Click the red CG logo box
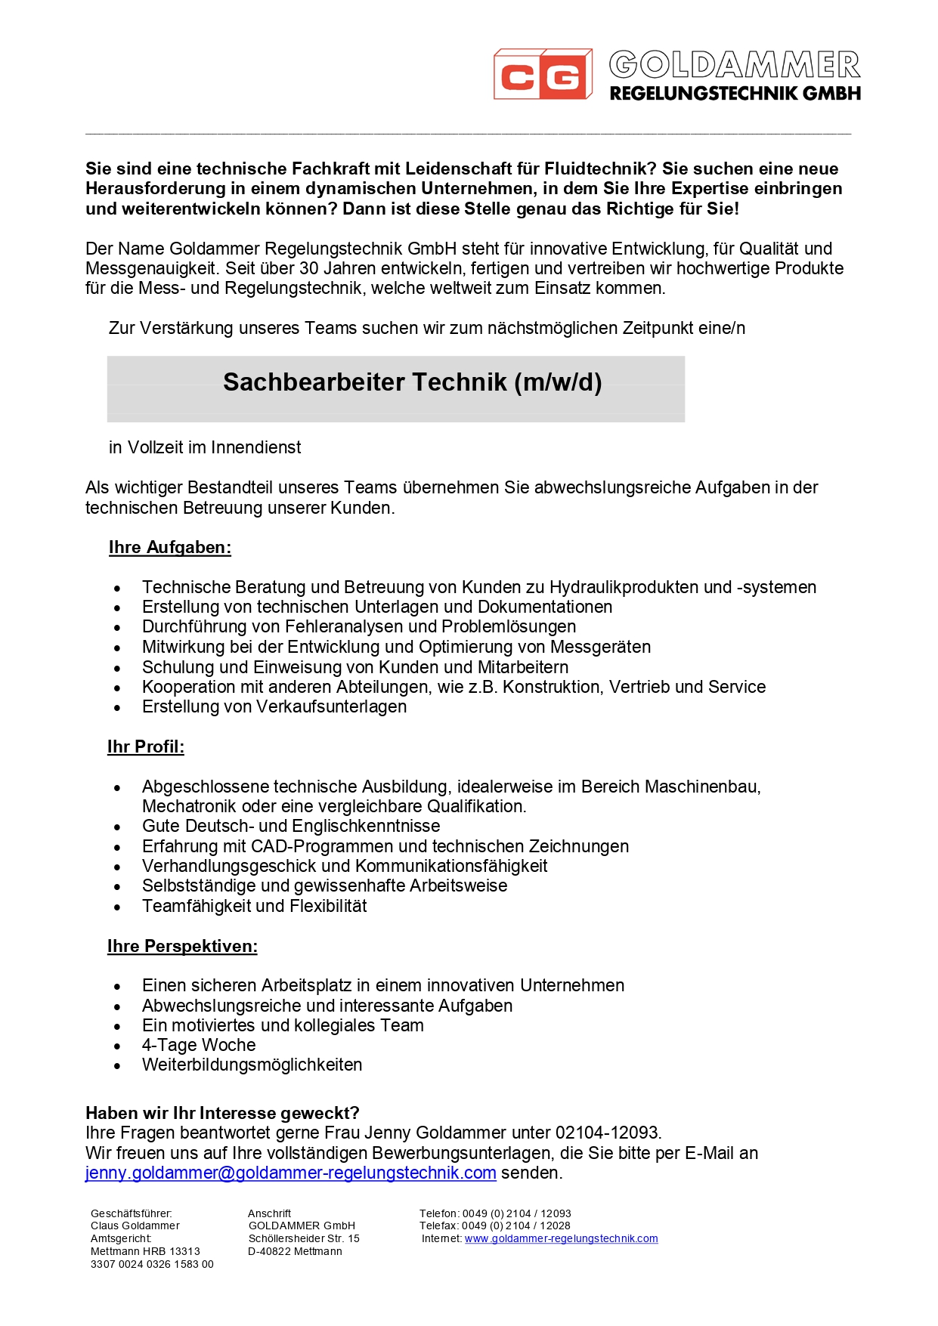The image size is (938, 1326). click(x=542, y=75)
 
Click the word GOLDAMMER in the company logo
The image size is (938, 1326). click(x=734, y=66)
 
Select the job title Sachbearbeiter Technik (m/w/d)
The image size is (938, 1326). click(x=412, y=382)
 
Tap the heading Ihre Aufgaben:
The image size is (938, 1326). click(x=170, y=548)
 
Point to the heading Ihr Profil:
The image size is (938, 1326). click(x=146, y=747)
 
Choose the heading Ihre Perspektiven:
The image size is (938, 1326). click(x=182, y=947)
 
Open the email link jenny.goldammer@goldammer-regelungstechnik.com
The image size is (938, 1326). click(x=291, y=1173)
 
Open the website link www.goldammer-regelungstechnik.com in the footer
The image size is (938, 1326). click(x=561, y=1239)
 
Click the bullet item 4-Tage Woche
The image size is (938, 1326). click(x=199, y=1046)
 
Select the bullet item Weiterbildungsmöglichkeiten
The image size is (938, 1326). click(x=252, y=1065)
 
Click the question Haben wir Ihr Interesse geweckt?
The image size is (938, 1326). click(x=222, y=1114)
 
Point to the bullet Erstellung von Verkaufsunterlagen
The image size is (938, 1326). click(x=274, y=707)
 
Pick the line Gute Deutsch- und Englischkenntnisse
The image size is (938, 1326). click(x=291, y=827)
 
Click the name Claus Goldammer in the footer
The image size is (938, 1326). click(x=135, y=1226)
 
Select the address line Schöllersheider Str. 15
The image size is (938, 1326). click(x=304, y=1239)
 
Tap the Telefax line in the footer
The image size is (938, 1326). click(x=495, y=1226)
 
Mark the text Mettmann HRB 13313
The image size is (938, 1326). click(x=145, y=1252)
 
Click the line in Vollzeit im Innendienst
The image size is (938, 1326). click(x=205, y=448)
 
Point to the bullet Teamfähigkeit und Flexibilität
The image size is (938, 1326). click(x=254, y=907)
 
